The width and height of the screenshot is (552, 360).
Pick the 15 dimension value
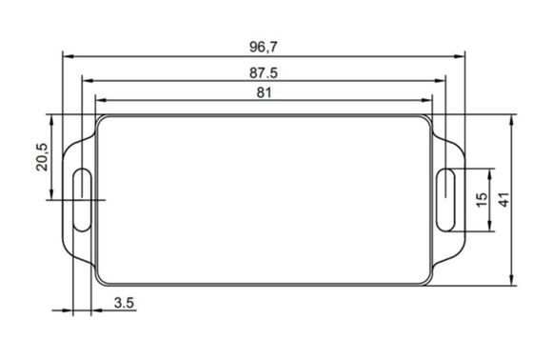click(x=482, y=199)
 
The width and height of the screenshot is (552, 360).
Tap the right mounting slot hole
click(x=446, y=199)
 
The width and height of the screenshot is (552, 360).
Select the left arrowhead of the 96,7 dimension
click(x=68, y=55)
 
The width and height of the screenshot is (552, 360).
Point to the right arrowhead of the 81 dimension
click(x=429, y=100)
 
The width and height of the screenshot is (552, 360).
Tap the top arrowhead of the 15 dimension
click(x=490, y=172)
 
